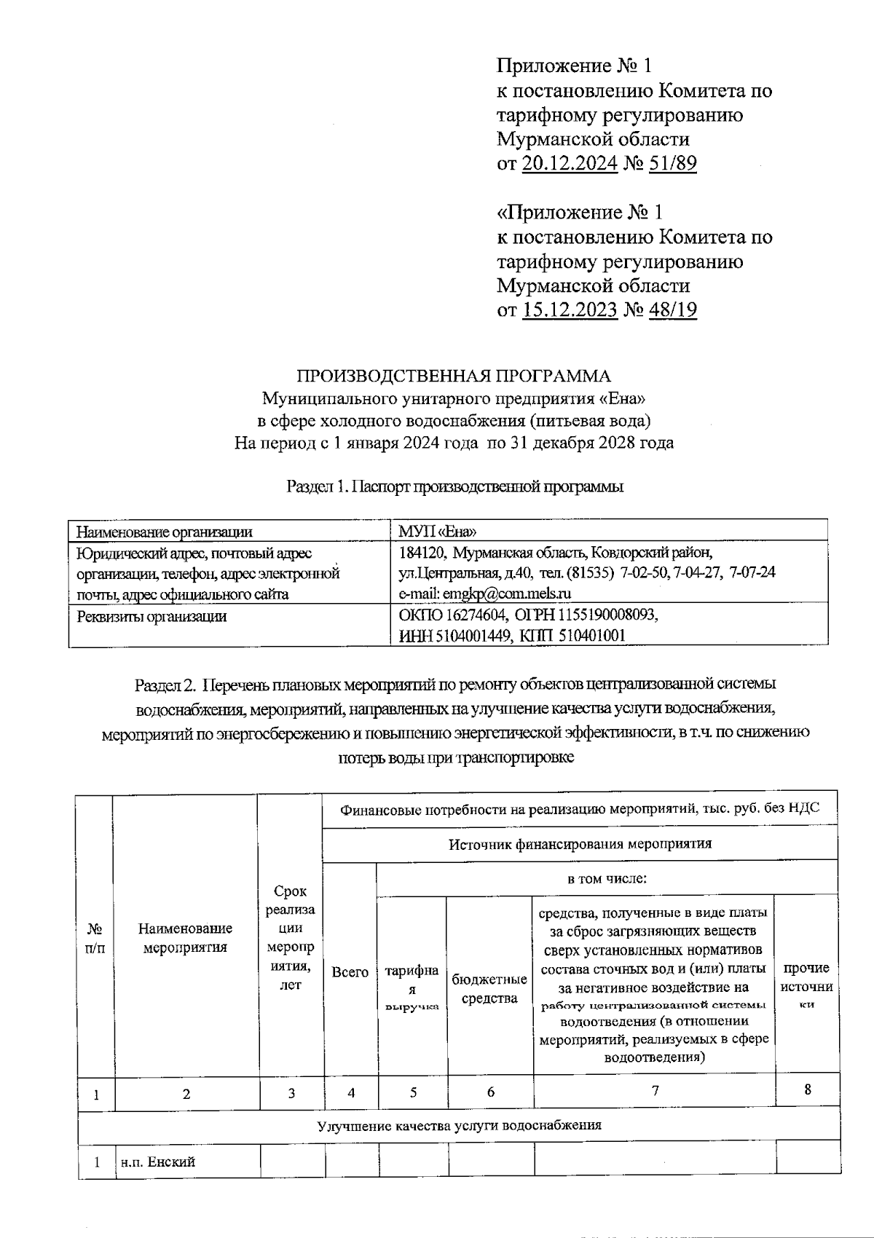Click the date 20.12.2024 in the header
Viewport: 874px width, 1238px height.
tap(570, 163)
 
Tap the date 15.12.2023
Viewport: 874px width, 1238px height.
tap(570, 310)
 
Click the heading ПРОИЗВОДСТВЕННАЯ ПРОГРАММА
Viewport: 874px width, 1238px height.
tap(453, 376)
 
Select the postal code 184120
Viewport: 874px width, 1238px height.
tap(422, 552)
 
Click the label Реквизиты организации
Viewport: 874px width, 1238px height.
tap(151, 617)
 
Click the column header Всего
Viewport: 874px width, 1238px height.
tap(350, 972)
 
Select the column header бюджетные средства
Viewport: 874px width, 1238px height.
tap(489, 988)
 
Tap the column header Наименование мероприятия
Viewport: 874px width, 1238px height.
tap(185, 937)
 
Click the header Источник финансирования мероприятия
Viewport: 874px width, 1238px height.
tap(580, 844)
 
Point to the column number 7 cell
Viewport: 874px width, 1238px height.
tap(655, 1090)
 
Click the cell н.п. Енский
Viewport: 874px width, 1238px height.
tap(158, 1162)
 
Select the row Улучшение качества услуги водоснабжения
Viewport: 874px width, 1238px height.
tap(459, 1125)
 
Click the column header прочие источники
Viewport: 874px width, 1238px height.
tap(806, 985)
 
